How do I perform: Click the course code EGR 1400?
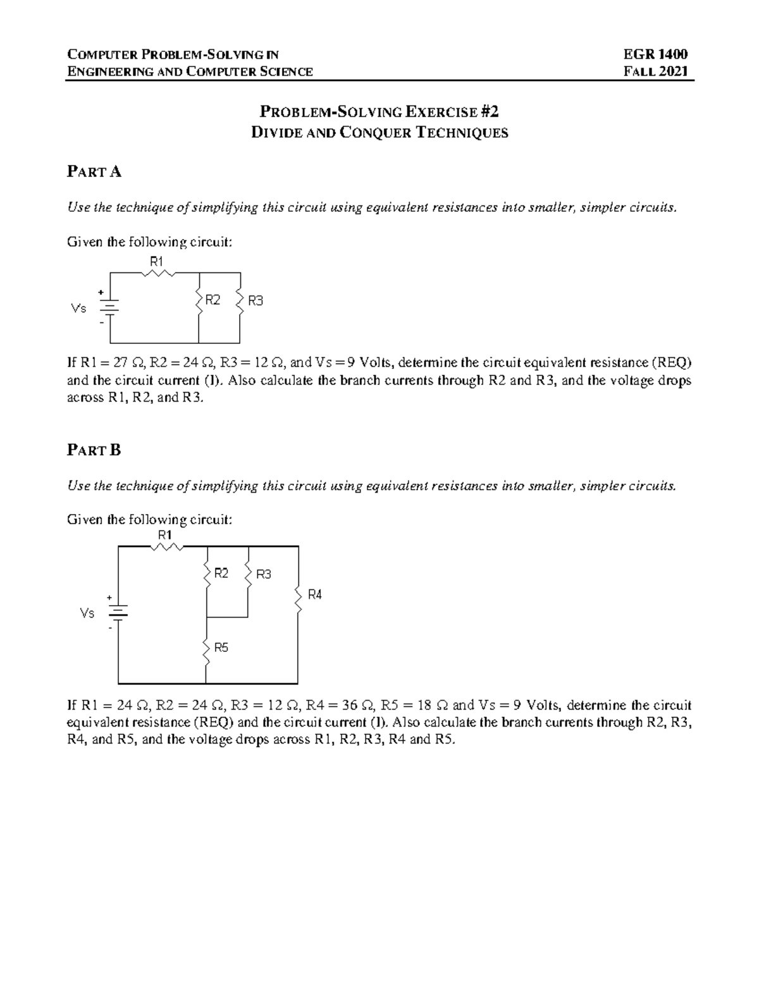tap(655, 54)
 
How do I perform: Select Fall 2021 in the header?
tap(655, 71)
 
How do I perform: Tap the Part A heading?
tap(94, 171)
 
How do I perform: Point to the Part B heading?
tap(94, 450)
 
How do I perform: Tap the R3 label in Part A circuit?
tap(255, 301)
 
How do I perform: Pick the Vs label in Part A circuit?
tap(79, 309)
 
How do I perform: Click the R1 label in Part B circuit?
tap(165, 534)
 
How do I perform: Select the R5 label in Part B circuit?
tap(221, 648)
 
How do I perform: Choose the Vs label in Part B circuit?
tap(87, 613)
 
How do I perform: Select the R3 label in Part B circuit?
tap(263, 574)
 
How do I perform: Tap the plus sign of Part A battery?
tap(100, 293)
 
